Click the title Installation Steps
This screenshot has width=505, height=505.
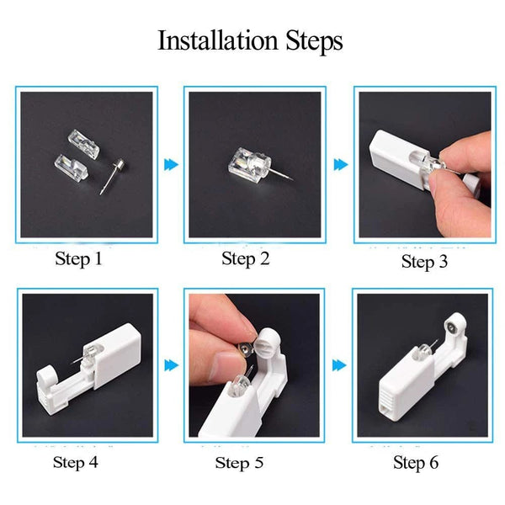[x=250, y=40]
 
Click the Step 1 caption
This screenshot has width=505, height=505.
[x=77, y=258]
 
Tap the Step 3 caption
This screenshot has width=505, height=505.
[x=429, y=261]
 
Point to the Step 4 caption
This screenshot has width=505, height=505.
[x=81, y=461]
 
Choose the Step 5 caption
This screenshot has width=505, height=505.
[x=243, y=462]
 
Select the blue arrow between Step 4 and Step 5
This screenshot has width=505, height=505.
[x=172, y=365]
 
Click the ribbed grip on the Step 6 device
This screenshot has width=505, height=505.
[x=389, y=396]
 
